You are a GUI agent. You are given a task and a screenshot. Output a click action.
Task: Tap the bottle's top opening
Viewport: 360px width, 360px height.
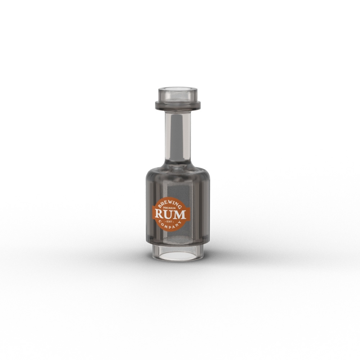coord(177,90)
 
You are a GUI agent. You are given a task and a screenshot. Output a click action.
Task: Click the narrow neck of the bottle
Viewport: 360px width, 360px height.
coord(177,135)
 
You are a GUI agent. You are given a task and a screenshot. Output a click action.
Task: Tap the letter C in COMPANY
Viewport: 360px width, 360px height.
coord(158,223)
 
